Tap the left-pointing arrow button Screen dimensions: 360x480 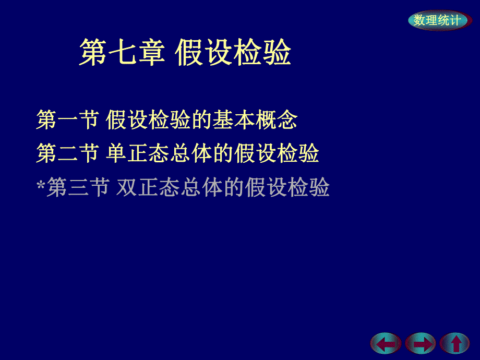(x=386, y=344)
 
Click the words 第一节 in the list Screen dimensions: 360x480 (x=67, y=121)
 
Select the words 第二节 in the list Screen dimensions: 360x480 (x=67, y=154)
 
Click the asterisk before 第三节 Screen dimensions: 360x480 (x=41, y=184)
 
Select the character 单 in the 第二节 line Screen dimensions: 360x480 (x=116, y=154)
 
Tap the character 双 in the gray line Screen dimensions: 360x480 (x=127, y=187)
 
